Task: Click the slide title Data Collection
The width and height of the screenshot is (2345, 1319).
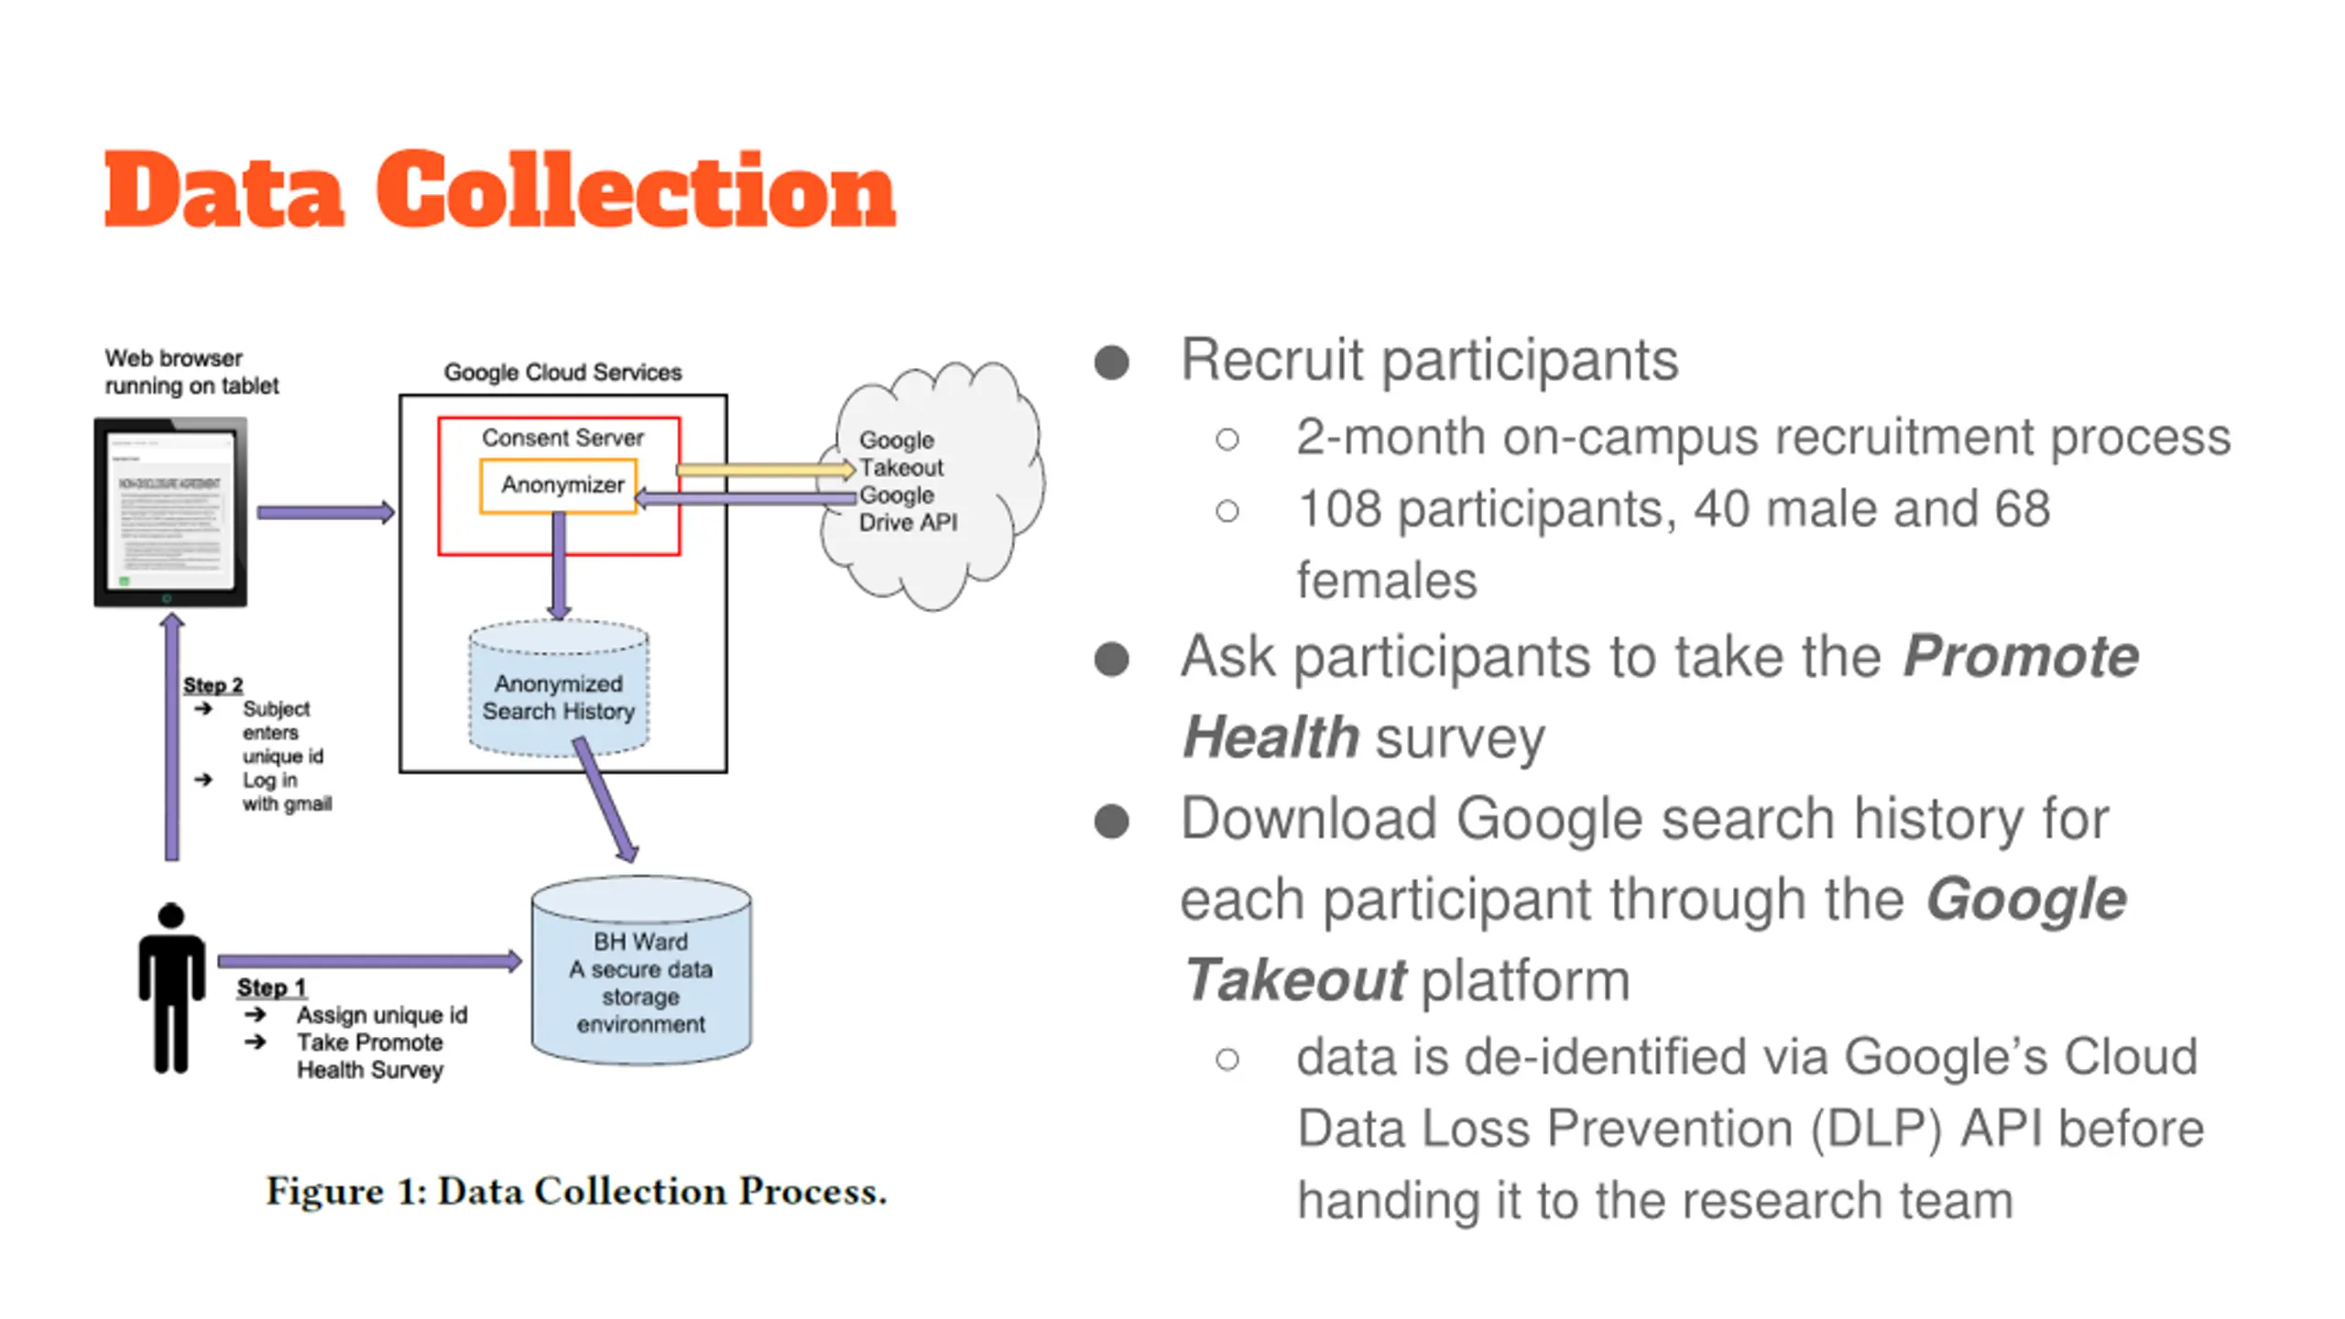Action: click(x=499, y=190)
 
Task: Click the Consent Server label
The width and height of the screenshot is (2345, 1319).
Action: click(x=562, y=438)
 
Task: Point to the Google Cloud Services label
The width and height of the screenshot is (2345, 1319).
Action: click(x=562, y=372)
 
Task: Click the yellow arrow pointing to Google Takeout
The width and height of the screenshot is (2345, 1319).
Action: click(x=765, y=469)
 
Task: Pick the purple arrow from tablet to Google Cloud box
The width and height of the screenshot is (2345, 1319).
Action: click(x=325, y=512)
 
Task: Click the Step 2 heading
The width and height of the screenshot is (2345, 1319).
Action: click(x=213, y=685)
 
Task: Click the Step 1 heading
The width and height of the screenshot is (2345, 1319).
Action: click(x=271, y=987)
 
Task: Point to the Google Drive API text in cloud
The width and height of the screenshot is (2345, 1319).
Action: click(x=907, y=509)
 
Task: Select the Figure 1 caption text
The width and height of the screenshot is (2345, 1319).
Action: click(x=576, y=1191)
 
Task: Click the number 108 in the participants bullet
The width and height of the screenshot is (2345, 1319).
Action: click(x=1339, y=509)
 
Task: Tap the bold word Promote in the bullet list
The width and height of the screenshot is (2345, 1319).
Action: click(x=2020, y=657)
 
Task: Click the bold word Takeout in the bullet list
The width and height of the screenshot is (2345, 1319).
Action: click(x=1293, y=980)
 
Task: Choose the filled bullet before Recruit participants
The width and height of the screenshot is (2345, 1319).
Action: click(x=1111, y=362)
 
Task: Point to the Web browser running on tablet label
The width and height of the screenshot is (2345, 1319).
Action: click(x=191, y=371)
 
